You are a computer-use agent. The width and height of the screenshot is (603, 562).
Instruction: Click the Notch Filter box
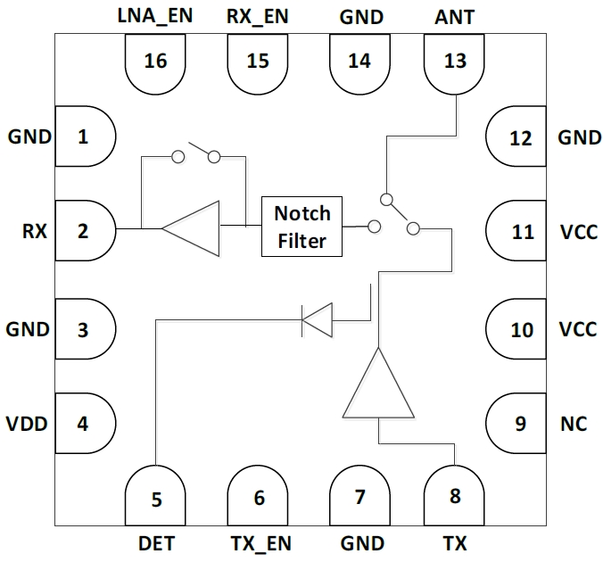[x=301, y=227]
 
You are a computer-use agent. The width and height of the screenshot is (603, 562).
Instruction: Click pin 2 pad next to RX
[x=85, y=232]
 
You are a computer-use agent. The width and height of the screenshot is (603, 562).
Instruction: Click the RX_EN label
[x=258, y=17]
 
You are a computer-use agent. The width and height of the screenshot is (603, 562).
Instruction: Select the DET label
[x=156, y=543]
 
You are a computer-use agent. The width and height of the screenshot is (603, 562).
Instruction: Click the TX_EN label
[x=260, y=543]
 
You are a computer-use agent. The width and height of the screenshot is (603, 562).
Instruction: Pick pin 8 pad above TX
[x=455, y=496]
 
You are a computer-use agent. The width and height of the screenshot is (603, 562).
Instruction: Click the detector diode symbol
[x=317, y=319]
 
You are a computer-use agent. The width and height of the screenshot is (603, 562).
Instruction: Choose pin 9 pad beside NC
[x=520, y=424]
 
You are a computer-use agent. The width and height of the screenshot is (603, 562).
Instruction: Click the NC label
[x=574, y=424]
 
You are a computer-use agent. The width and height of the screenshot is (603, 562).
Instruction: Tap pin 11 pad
[x=520, y=232]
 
